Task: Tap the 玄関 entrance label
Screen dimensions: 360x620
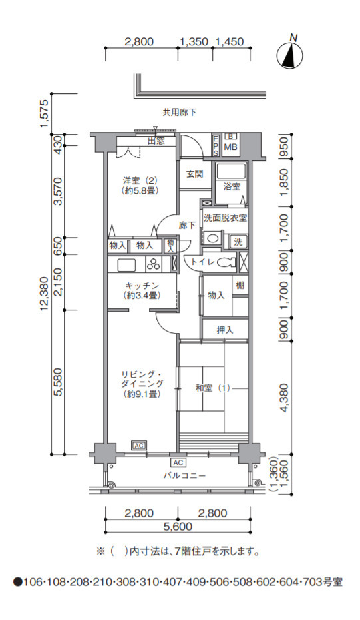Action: click(x=195, y=174)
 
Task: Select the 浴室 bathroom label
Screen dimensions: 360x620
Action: click(x=232, y=186)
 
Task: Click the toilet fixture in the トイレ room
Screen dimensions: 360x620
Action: click(x=226, y=262)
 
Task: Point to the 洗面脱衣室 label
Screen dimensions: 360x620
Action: click(x=225, y=218)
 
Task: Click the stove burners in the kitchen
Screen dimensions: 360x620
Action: click(x=153, y=264)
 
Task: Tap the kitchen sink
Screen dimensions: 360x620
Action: click(x=126, y=264)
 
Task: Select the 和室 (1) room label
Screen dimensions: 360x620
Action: click(x=212, y=388)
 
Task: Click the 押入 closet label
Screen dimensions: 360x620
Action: click(x=225, y=330)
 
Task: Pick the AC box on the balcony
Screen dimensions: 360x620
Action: click(x=178, y=462)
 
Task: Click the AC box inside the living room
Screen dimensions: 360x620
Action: click(x=138, y=446)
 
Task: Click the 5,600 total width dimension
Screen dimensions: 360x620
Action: click(x=178, y=527)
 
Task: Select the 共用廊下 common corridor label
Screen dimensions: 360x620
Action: click(x=180, y=113)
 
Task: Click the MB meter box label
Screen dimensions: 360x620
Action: click(x=230, y=147)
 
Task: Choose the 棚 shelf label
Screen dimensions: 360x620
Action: click(x=240, y=285)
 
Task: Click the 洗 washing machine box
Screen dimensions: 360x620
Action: click(x=238, y=242)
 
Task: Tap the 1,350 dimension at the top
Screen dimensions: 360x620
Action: click(x=194, y=41)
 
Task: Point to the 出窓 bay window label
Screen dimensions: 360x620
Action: click(x=156, y=141)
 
